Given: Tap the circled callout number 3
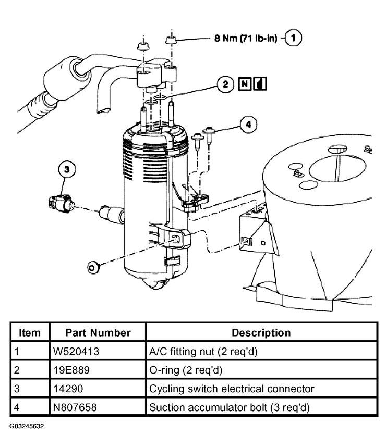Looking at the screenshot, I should tap(66, 169).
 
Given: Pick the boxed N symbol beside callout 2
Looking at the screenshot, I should tap(245, 84).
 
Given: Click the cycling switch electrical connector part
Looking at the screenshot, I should tap(61, 202).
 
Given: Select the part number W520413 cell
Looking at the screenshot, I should tap(76, 352).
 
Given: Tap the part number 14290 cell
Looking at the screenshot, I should tap(68, 389).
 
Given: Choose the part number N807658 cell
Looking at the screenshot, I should tap(76, 407).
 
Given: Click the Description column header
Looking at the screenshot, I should tap(261, 332).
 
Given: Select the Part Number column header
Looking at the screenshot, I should tap(98, 332).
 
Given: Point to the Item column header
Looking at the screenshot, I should tap(30, 332).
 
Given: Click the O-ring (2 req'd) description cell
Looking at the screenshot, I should tap(184, 370).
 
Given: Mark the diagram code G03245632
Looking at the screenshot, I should tap(26, 426).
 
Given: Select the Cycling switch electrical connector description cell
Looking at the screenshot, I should tap(232, 389).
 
